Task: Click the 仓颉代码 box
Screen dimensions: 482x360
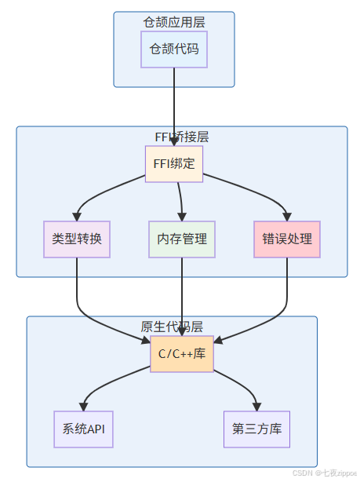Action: [174, 49]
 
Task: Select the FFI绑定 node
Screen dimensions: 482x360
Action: [174, 164]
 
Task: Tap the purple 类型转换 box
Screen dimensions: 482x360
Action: [77, 239]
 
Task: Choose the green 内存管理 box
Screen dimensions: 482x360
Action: [182, 239]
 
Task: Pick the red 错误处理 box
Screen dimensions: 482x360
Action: [287, 239]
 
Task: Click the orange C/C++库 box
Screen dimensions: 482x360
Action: [182, 353]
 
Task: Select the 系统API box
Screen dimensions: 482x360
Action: [84, 429]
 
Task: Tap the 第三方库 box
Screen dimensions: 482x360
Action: [256, 429]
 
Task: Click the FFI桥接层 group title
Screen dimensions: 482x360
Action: [182, 136]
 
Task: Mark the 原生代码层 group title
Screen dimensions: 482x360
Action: [172, 327]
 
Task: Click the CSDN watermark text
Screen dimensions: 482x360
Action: [324, 474]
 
